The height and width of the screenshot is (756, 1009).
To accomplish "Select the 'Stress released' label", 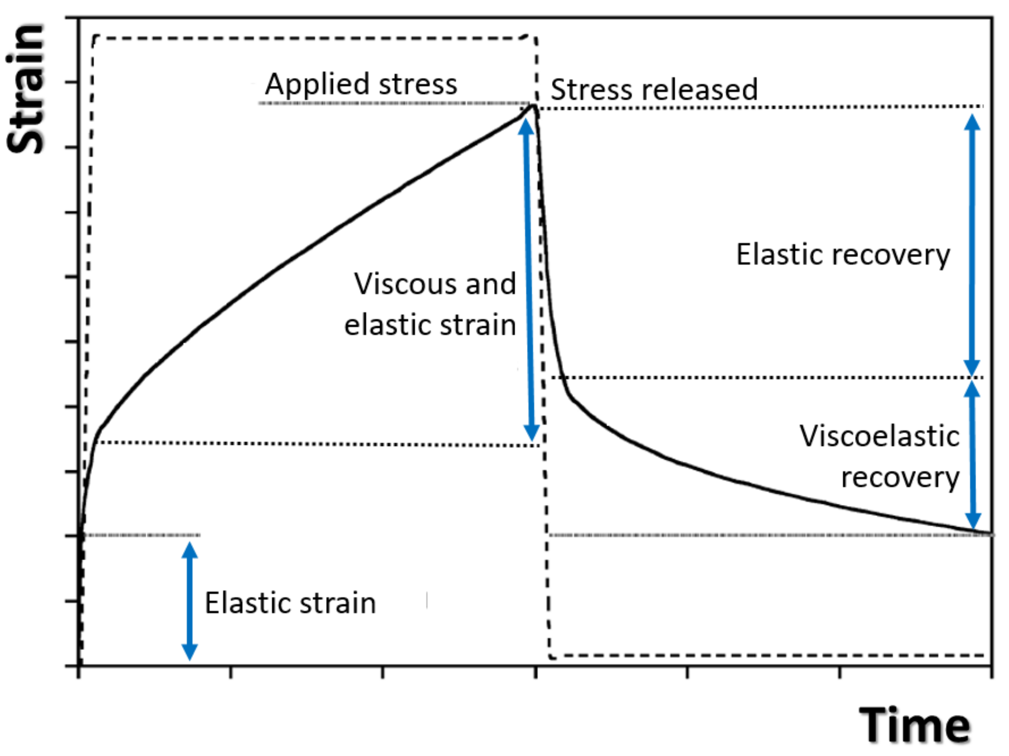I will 654,89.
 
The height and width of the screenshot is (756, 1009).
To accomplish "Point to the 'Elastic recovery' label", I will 843,255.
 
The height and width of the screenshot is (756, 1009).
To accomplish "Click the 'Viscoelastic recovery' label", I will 879,456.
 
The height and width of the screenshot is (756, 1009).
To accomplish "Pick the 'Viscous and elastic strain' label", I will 431,305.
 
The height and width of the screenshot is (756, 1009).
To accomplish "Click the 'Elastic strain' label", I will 290,603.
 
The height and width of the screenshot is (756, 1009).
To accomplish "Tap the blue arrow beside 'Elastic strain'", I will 190,601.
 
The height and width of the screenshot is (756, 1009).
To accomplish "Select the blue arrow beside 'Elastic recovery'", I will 972,245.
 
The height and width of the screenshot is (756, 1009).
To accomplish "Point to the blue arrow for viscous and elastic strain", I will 529,279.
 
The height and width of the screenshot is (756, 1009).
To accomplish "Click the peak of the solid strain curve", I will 532,106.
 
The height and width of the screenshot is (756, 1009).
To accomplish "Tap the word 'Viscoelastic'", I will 879,436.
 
